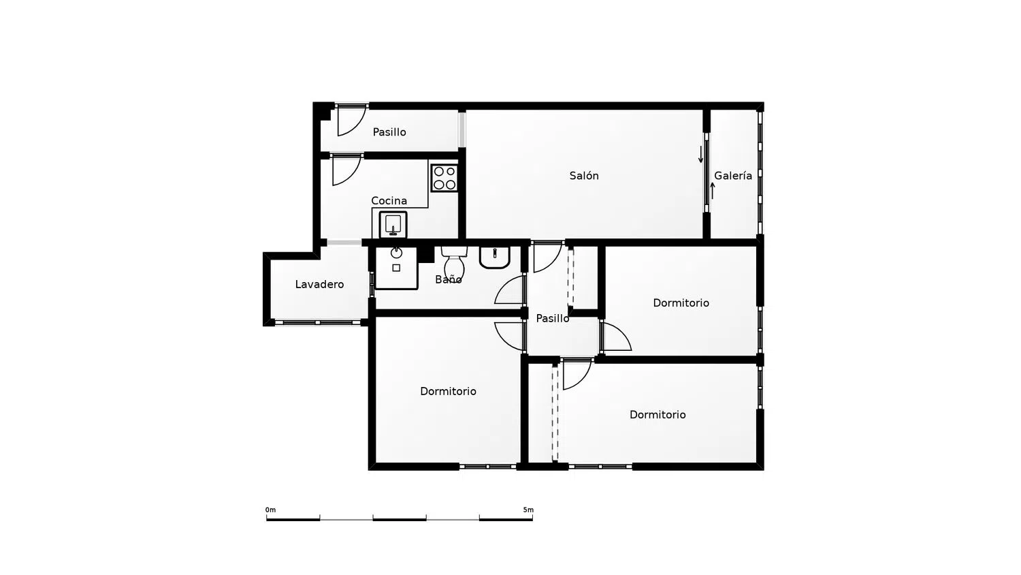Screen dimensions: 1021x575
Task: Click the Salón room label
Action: pyautogui.click(x=584, y=176)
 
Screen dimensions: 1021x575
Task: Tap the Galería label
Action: pyautogui.click(x=733, y=176)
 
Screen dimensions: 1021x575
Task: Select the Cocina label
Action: pyautogui.click(x=389, y=201)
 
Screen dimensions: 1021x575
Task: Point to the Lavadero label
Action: pyautogui.click(x=319, y=284)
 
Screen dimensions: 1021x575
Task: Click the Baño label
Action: pyautogui.click(x=449, y=279)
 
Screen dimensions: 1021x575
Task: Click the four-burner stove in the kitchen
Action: pyautogui.click(x=444, y=178)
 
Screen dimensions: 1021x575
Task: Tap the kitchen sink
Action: pyautogui.click(x=393, y=225)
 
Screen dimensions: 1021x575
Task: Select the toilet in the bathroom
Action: pyautogui.click(x=455, y=263)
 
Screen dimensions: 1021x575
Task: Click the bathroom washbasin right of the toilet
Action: pyautogui.click(x=495, y=258)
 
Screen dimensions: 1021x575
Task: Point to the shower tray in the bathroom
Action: pyautogui.click(x=396, y=268)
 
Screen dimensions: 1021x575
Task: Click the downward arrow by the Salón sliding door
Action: pyautogui.click(x=701, y=155)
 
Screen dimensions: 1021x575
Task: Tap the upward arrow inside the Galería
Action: pyautogui.click(x=713, y=191)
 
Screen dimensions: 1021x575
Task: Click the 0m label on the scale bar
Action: pyautogui.click(x=271, y=510)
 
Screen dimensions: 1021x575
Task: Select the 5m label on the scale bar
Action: pyautogui.click(x=528, y=510)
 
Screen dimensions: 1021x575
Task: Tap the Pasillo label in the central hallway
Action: pyautogui.click(x=553, y=319)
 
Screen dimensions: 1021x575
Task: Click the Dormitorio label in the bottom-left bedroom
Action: pyautogui.click(x=448, y=392)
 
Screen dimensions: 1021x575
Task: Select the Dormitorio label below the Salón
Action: pyautogui.click(x=681, y=303)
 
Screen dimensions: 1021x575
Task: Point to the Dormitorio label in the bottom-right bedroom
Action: pyautogui.click(x=658, y=415)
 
